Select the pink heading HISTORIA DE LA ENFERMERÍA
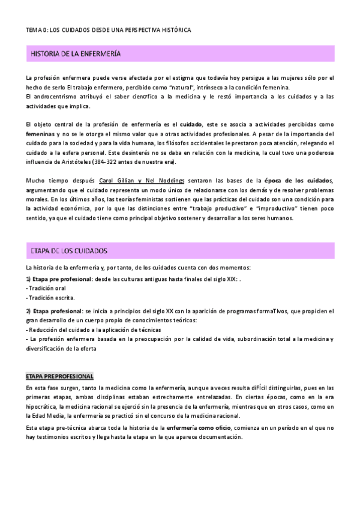click(76, 55)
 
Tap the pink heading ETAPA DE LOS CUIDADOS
click(69, 250)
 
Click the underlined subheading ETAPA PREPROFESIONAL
click(59, 376)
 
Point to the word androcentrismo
click(53, 97)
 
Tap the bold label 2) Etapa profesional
click(54, 311)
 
